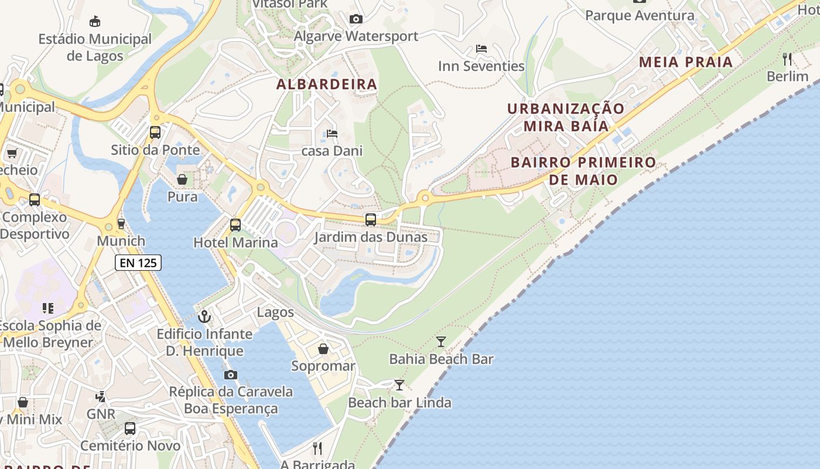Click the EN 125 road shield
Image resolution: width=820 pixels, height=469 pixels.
(138, 263)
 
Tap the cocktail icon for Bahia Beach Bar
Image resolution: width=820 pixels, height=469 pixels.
(441, 341)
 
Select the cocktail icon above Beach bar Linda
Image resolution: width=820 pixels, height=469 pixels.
(399, 385)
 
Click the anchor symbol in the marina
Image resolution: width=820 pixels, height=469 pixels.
(204, 317)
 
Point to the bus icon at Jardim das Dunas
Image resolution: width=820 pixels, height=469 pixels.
(371, 220)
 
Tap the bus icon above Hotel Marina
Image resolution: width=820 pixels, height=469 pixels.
(235, 225)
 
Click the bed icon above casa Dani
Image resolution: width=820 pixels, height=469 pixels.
(332, 134)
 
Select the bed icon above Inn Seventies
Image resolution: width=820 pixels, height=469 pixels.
(481, 49)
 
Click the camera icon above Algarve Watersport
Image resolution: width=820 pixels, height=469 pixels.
(356, 19)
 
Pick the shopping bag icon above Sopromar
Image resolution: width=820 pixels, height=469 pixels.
(323, 349)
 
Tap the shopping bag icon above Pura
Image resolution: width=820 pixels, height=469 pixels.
(182, 179)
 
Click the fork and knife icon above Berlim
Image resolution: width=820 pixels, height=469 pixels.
(787, 59)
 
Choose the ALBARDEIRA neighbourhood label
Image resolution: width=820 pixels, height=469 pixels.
(327, 84)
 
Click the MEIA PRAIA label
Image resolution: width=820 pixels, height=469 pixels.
(686, 62)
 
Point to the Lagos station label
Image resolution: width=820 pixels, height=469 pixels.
(275, 312)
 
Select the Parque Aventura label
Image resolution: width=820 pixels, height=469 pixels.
(640, 15)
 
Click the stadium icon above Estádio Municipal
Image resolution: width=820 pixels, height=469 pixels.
(94, 21)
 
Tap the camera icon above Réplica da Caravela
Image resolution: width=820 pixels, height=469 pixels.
(231, 375)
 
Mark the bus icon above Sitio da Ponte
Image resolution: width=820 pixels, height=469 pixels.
(155, 132)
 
